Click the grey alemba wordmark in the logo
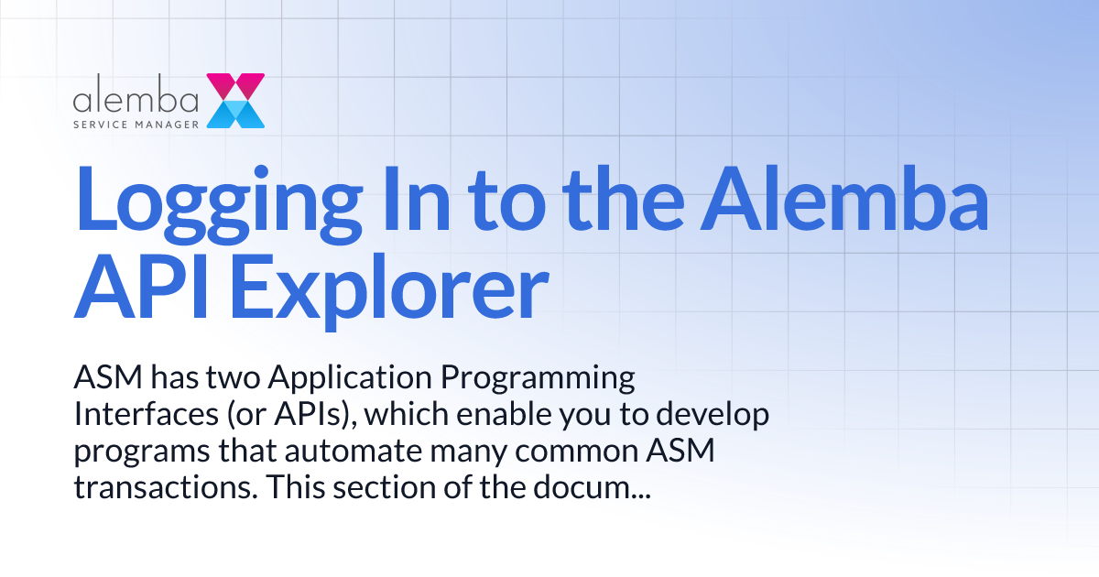(136, 98)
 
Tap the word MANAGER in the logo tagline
(167, 122)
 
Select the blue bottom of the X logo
(236, 114)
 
